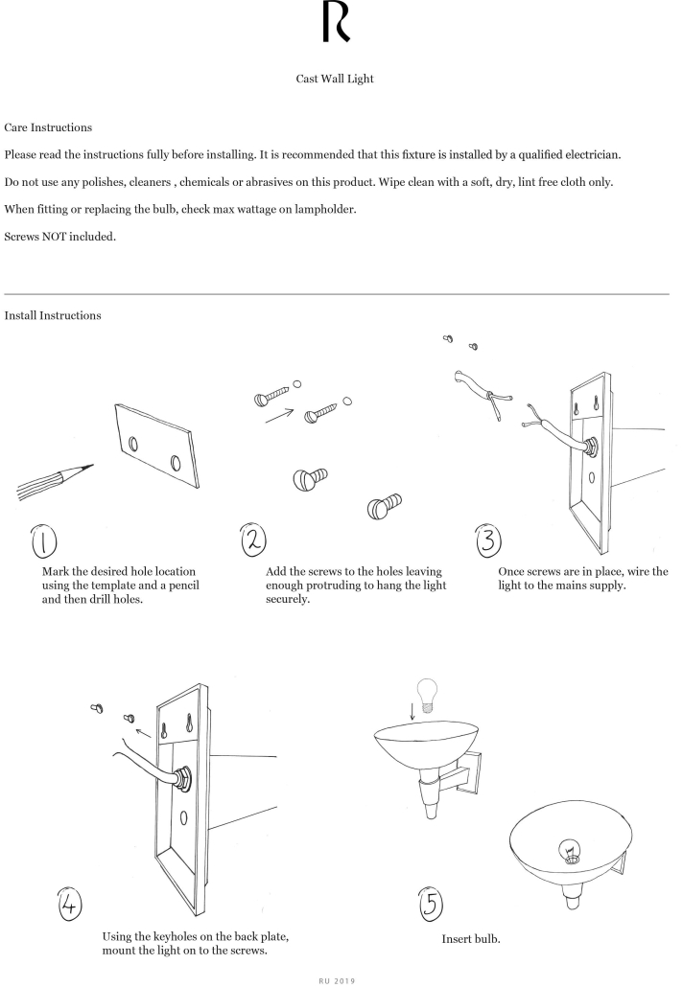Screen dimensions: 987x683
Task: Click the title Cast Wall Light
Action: [x=335, y=80]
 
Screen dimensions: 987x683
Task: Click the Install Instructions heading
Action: [x=53, y=315]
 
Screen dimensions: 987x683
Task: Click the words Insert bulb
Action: [x=469, y=939]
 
